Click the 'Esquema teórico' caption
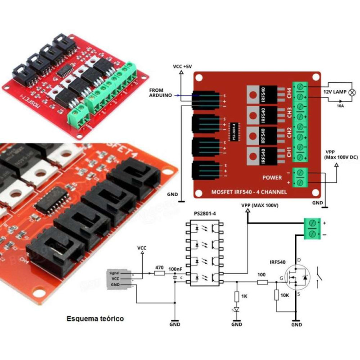[x=95, y=319]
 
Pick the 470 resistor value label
[x=159, y=267]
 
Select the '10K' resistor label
[x=284, y=295]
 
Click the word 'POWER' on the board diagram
[x=271, y=177]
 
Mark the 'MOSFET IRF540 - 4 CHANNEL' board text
[x=249, y=192]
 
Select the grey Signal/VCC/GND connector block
[x=120, y=279]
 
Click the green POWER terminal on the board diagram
[x=301, y=176]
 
